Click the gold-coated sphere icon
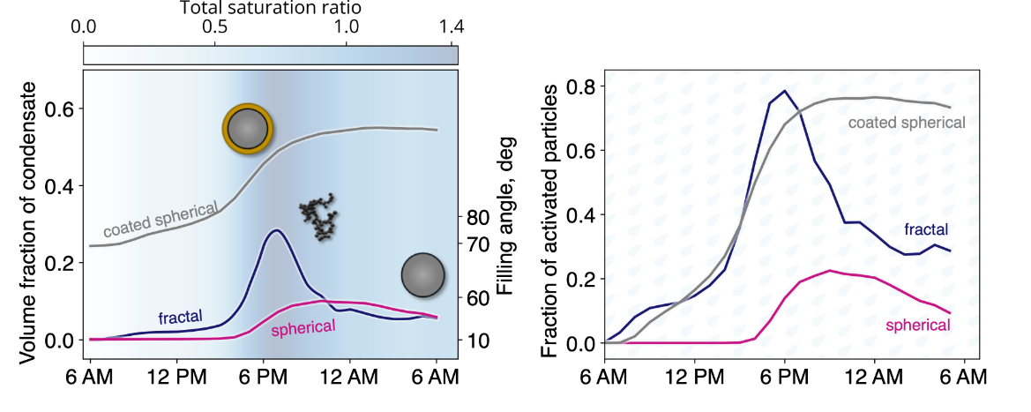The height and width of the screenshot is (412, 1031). pyautogui.click(x=247, y=129)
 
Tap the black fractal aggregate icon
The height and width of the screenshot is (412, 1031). pyautogui.click(x=318, y=218)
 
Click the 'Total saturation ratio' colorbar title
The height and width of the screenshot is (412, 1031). pyautogui.click(x=271, y=8)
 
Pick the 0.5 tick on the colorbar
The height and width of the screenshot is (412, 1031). pyautogui.click(x=214, y=26)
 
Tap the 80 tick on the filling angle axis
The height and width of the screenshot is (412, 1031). pyautogui.click(x=477, y=217)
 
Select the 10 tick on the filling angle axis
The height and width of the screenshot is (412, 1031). pyautogui.click(x=477, y=340)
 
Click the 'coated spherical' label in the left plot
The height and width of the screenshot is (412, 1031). pyautogui.click(x=161, y=220)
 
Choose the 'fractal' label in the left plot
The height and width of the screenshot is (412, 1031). pyautogui.click(x=180, y=317)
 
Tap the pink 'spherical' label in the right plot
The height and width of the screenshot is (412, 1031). pyautogui.click(x=917, y=326)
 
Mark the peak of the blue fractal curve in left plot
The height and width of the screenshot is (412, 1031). pyautogui.click(x=277, y=230)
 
